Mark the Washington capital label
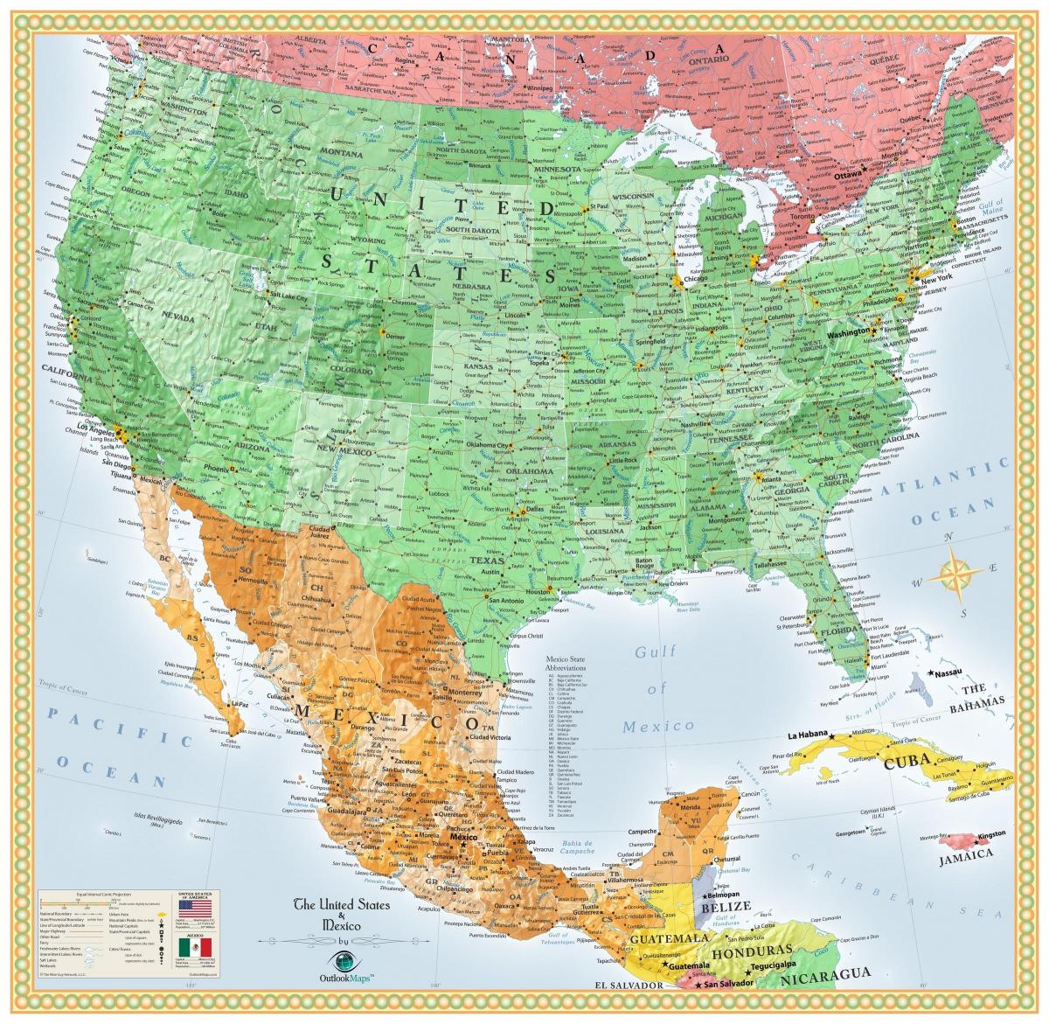coord(846,333)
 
